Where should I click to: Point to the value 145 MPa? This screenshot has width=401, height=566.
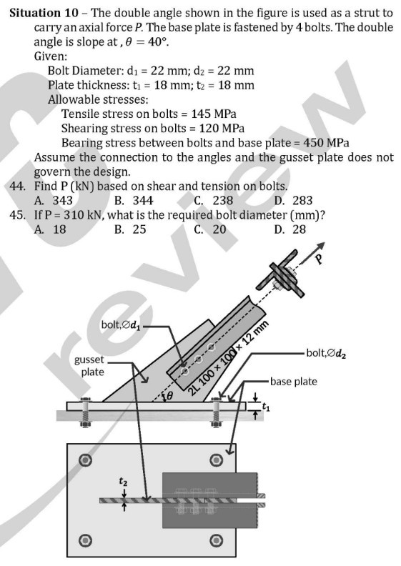[x=214, y=114]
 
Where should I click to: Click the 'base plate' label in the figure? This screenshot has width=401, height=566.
[x=294, y=382]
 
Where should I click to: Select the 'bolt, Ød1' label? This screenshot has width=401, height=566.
[x=124, y=326]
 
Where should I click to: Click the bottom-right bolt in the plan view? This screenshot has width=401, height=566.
[x=212, y=537]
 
